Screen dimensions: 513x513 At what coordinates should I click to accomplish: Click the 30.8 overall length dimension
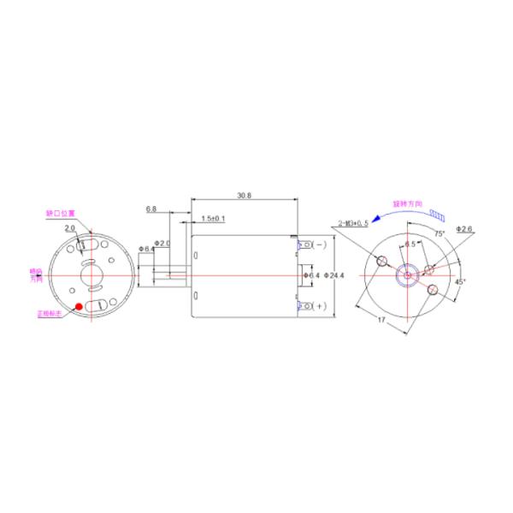244,196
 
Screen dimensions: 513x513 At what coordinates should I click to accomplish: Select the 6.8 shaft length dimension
150,209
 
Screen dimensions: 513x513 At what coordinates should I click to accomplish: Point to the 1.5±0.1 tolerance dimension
212,219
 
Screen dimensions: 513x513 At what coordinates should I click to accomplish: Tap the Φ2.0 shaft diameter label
162,244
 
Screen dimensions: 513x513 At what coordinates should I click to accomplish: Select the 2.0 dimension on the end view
69,228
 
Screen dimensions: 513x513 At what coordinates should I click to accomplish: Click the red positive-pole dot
79,306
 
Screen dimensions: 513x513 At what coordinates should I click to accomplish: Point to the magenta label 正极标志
50,314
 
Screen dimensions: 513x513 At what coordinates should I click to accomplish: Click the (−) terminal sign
320,245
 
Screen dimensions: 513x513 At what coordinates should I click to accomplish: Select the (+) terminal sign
320,306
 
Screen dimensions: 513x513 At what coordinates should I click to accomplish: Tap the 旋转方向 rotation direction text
407,204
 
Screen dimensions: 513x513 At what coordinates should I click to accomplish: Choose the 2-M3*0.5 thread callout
353,222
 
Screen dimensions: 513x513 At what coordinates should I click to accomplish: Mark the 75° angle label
439,233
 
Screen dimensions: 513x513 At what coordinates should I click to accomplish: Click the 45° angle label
459,281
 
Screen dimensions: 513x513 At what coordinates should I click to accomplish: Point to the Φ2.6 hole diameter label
465,229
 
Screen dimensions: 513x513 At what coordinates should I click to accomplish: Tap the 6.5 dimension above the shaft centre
410,245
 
